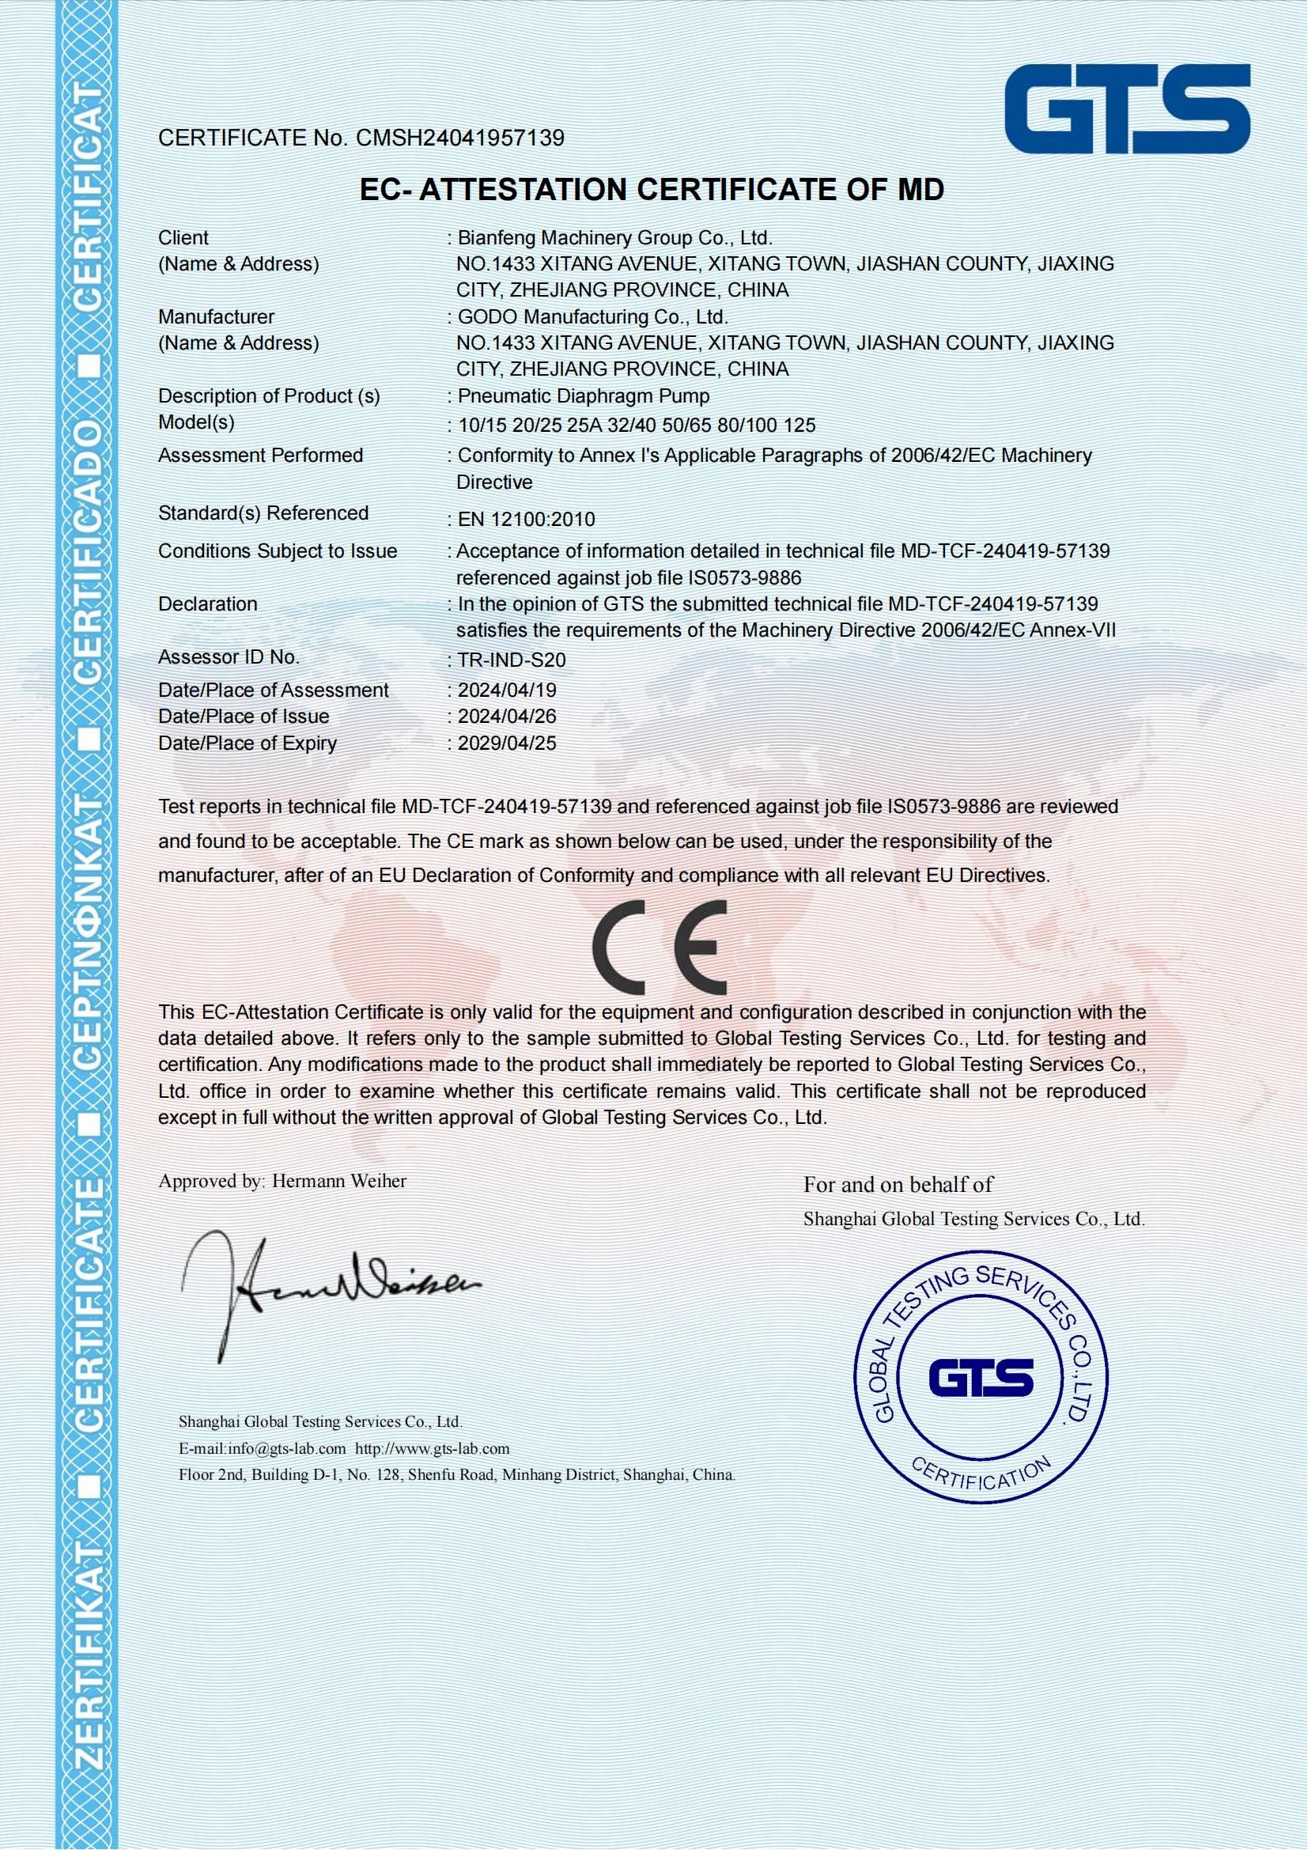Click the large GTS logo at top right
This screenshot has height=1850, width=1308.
(1127, 109)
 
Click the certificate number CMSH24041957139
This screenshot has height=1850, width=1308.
(460, 138)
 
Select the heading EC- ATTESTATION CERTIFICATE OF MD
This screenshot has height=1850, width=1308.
(652, 189)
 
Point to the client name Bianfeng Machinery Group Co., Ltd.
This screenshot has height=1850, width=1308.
(615, 238)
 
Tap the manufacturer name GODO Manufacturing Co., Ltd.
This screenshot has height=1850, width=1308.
(593, 316)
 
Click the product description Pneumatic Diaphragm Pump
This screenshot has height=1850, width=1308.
(583, 395)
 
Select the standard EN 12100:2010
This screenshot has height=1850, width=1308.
(526, 519)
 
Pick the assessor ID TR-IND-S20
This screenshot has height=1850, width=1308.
(512, 660)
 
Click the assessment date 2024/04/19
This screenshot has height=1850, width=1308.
(507, 690)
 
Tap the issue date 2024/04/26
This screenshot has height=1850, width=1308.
(507, 717)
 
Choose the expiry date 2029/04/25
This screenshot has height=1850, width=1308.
(507, 743)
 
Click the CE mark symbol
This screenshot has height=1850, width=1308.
(659, 948)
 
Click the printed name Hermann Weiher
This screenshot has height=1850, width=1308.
(339, 1181)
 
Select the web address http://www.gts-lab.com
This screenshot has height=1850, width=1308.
(433, 1449)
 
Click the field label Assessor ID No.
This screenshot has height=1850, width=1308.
(229, 656)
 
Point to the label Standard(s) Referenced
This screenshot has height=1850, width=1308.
(263, 513)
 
